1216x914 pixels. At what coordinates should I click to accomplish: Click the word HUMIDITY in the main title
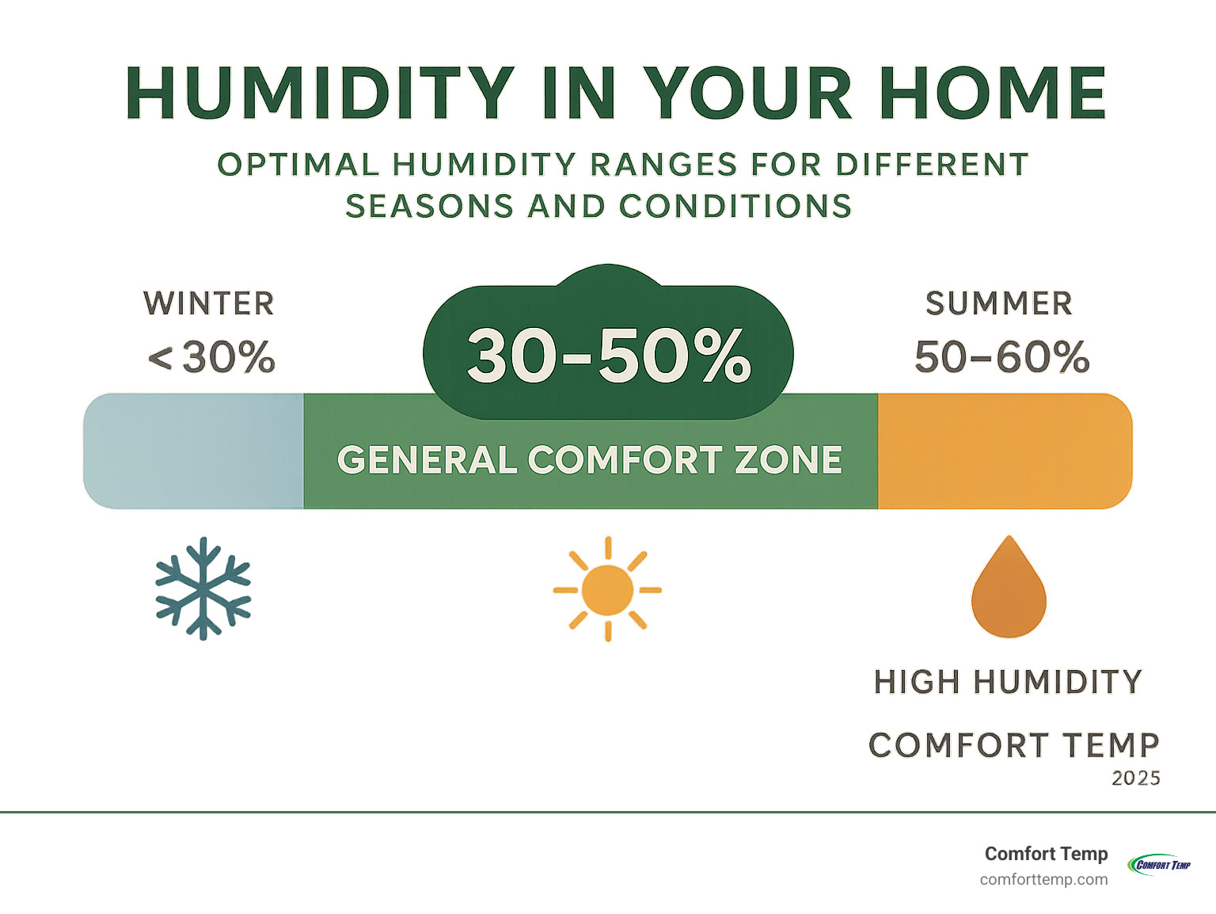tap(321, 93)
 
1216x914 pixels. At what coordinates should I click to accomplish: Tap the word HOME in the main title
tap(993, 93)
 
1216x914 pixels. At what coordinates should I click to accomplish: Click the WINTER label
tap(209, 304)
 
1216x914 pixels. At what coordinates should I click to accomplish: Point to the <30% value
tap(211, 357)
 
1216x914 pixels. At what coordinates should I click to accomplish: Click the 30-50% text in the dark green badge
tap(609, 356)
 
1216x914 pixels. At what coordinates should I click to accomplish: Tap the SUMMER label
tap(999, 304)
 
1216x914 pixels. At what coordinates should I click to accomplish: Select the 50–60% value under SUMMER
tap(1002, 357)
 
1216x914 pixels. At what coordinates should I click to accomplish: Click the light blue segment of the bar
tap(194, 451)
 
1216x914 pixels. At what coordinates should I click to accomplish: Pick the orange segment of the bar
tap(1005, 451)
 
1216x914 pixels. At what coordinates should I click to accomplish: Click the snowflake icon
tap(203, 588)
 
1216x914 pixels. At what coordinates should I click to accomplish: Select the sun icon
tap(607, 588)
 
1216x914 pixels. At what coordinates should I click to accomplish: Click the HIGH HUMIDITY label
tap(1008, 682)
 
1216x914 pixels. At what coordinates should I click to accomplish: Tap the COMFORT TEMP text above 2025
tap(1013, 745)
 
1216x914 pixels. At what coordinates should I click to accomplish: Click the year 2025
tap(1135, 779)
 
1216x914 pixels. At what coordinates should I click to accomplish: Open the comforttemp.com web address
tap(1043, 879)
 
